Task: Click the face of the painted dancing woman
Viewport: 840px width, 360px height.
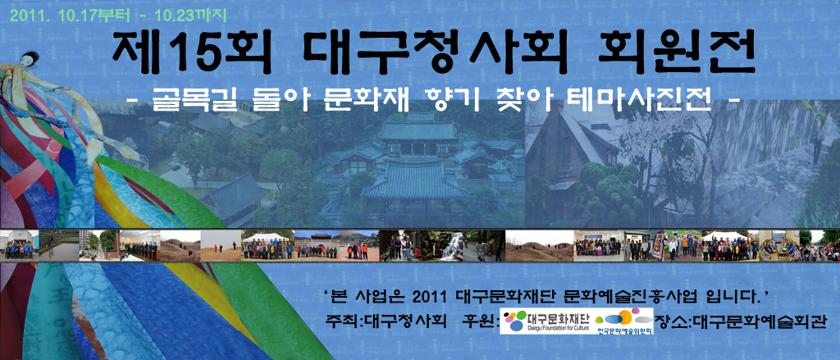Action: (x=31, y=59)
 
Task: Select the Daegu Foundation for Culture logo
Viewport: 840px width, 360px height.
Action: (x=546, y=321)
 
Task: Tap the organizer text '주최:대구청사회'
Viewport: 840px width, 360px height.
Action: (x=386, y=321)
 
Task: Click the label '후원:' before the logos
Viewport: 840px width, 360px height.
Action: (x=481, y=321)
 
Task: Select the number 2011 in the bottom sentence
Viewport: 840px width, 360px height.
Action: (x=434, y=295)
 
